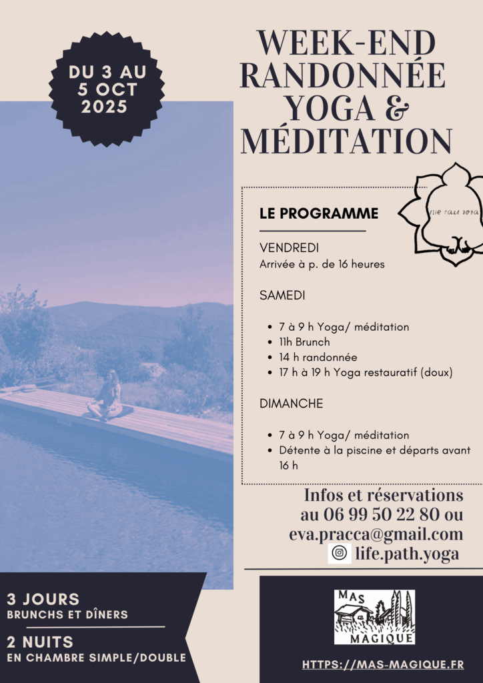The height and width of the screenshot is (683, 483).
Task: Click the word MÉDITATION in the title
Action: click(x=346, y=141)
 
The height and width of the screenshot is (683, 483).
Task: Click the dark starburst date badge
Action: click(x=107, y=89)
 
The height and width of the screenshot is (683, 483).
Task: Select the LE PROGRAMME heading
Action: click(x=319, y=213)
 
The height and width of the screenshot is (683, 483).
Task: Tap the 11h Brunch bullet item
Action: click(x=304, y=342)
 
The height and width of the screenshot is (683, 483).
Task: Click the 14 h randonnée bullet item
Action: click(x=318, y=357)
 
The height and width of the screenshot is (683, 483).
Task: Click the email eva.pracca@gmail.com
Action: click(x=376, y=534)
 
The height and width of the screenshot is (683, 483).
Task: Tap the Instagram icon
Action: click(x=340, y=554)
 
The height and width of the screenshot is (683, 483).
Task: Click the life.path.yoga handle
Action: click(x=408, y=554)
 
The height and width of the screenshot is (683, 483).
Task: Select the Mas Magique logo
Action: click(x=374, y=616)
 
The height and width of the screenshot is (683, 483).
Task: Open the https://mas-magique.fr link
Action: click(x=383, y=664)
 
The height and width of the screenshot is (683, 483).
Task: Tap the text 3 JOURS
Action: click(x=43, y=599)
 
